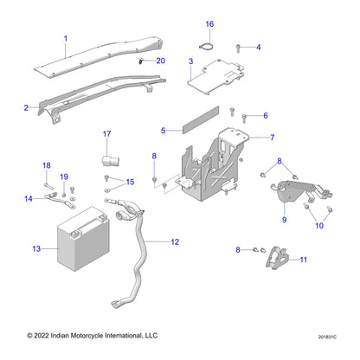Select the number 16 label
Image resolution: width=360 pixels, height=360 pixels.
click(209, 23)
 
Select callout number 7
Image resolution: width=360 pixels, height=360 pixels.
click(272, 138)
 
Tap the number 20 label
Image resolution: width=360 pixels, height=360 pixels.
click(161, 61)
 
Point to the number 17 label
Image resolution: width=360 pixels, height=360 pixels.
click(107, 134)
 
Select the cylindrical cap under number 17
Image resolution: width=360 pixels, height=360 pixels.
click(109, 161)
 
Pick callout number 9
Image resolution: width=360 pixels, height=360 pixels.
click(283, 221)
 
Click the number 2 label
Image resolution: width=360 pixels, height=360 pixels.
click(26, 108)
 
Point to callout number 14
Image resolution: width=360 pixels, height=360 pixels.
click(29, 199)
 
